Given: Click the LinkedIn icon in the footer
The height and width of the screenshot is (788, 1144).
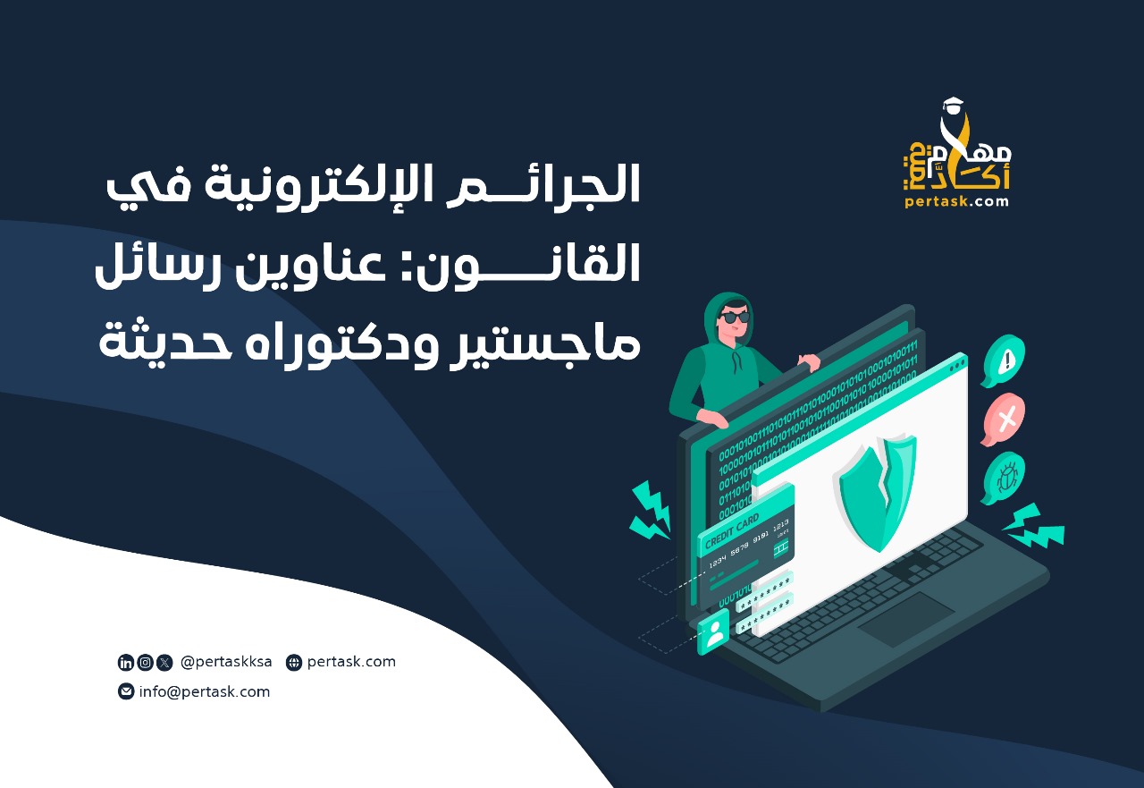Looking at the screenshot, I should [x=126, y=663].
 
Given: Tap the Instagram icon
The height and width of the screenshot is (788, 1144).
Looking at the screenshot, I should [x=145, y=663].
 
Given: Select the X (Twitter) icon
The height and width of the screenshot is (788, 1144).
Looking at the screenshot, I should [x=164, y=663].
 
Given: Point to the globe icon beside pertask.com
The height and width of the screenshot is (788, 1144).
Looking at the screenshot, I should [x=294, y=663].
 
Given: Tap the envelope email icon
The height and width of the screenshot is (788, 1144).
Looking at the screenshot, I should [x=126, y=691].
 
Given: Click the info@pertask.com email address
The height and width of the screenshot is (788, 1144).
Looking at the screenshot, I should [x=204, y=691].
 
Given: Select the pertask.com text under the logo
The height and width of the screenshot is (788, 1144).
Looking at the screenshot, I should [x=956, y=201].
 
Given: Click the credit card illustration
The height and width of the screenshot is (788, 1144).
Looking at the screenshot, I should [x=746, y=541].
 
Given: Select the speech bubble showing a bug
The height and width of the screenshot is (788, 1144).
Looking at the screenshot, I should [x=1004, y=478].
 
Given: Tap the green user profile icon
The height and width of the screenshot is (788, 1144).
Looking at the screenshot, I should [x=713, y=633].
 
